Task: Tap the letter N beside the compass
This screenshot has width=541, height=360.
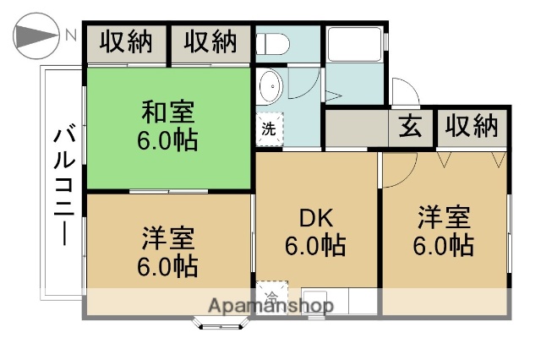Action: pyautogui.click(x=71, y=36)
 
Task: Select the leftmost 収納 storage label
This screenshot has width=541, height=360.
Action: pyautogui.click(x=127, y=42)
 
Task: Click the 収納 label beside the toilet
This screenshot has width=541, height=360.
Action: pyautogui.click(x=211, y=42)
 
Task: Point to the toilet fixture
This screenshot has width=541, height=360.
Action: pyautogui.click(x=272, y=42)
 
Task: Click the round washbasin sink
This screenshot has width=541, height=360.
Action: pyautogui.click(x=270, y=85)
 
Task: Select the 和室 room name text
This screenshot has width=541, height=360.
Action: pyautogui.click(x=168, y=111)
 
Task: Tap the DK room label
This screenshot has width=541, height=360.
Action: pyautogui.click(x=315, y=218)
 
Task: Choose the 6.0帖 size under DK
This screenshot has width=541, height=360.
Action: pyautogui.click(x=315, y=246)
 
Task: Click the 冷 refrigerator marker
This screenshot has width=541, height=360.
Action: pyautogui.click(x=270, y=297)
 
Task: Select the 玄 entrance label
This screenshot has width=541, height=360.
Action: pyautogui.click(x=410, y=127)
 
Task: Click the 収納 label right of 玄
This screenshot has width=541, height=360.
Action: pyautogui.click(x=472, y=127)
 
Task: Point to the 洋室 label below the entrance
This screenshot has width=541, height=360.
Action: pyautogui.click(x=443, y=217)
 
